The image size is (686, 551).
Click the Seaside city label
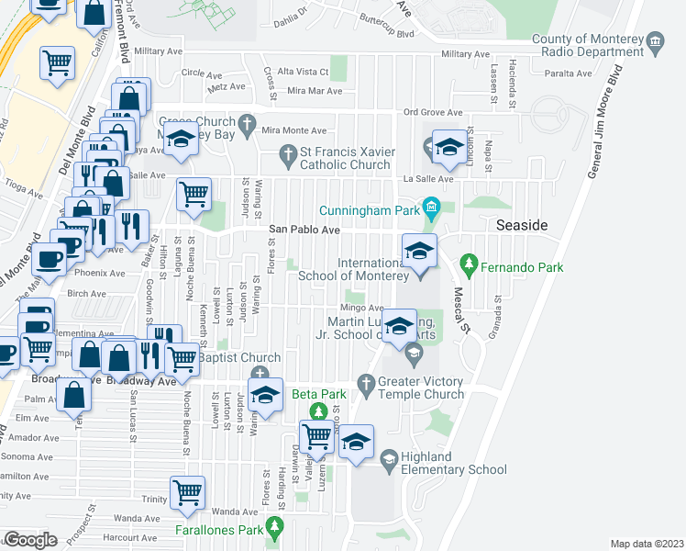pos(521,225)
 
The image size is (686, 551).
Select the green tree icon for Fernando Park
pos(470,267)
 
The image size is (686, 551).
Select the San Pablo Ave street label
pos(304,230)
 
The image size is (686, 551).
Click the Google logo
pos(29,540)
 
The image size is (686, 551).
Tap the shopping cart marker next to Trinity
pos(188,492)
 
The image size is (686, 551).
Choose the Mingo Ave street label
pos(360,308)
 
